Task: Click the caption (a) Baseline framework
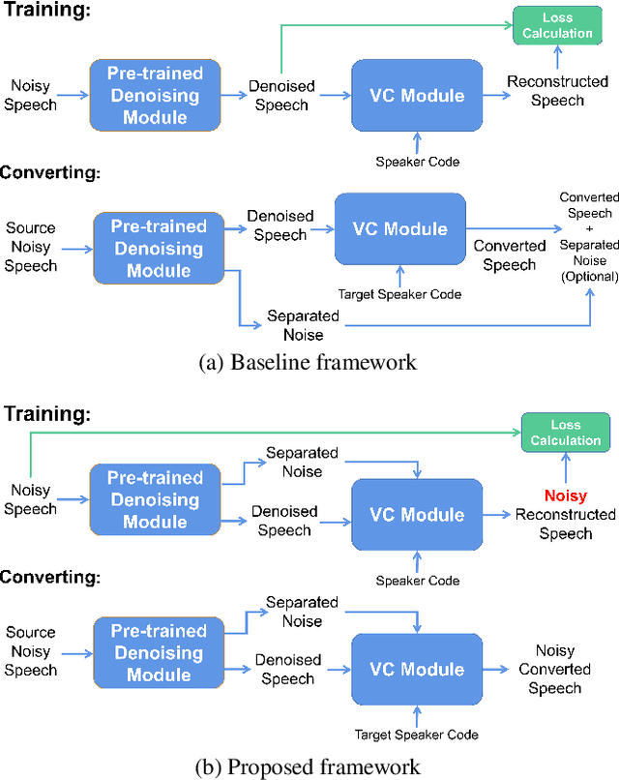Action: tap(307, 363)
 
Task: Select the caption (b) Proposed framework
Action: tap(309, 766)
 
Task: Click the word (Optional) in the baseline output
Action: tap(590, 277)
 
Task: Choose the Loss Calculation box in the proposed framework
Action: tap(566, 432)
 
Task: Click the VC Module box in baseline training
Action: tap(418, 95)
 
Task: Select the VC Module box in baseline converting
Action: tap(399, 229)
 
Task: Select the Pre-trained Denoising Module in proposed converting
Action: tap(157, 653)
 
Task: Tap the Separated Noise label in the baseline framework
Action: tap(303, 325)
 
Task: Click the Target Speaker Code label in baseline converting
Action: tap(399, 293)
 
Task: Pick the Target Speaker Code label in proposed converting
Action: tap(416, 735)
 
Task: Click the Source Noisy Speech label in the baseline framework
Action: tap(31, 247)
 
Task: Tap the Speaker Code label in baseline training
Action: tap(416, 161)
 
